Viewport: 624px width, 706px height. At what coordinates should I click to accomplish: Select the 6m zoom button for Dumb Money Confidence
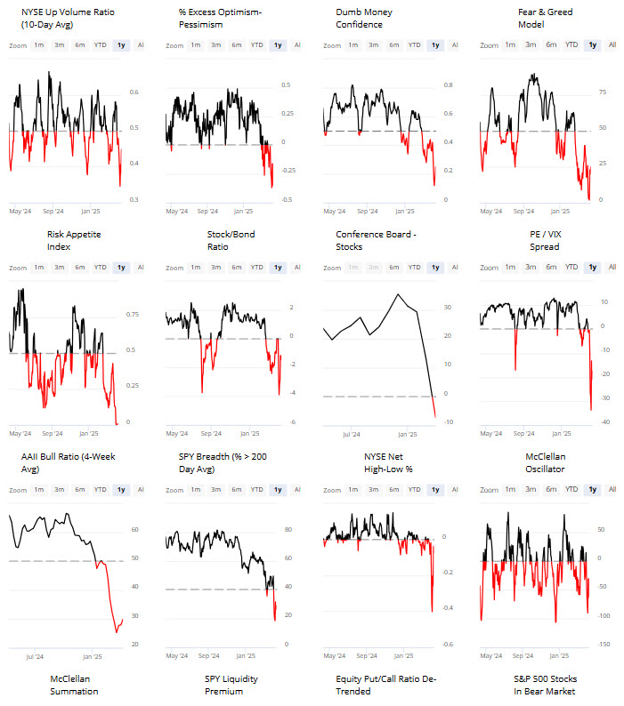click(393, 44)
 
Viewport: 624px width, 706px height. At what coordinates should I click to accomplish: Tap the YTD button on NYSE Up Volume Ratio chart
click(100, 44)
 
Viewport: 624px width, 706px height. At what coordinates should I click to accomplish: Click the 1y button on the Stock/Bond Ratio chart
click(278, 267)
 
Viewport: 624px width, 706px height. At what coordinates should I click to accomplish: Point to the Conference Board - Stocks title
click(376, 240)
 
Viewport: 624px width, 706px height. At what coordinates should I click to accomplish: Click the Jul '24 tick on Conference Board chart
click(351, 435)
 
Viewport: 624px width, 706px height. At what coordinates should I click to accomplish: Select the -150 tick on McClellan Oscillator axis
click(604, 645)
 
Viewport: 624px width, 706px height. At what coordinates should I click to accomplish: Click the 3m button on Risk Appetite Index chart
click(59, 267)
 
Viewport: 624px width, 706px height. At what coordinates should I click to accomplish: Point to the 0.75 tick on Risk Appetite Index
click(132, 314)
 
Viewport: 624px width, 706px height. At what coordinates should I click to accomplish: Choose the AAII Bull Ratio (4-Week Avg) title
click(61, 462)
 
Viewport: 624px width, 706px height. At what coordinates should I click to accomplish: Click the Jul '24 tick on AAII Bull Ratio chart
click(36, 657)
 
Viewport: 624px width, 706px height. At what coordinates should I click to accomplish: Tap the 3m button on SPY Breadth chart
click(215, 490)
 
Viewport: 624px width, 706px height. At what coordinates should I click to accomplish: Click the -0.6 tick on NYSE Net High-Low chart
click(450, 645)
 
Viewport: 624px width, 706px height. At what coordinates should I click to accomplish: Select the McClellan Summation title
click(74, 685)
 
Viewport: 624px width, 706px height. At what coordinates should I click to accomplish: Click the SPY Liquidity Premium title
click(231, 685)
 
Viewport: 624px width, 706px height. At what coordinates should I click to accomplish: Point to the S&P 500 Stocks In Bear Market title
click(544, 685)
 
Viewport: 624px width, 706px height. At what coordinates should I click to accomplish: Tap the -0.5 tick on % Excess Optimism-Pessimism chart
click(286, 199)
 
